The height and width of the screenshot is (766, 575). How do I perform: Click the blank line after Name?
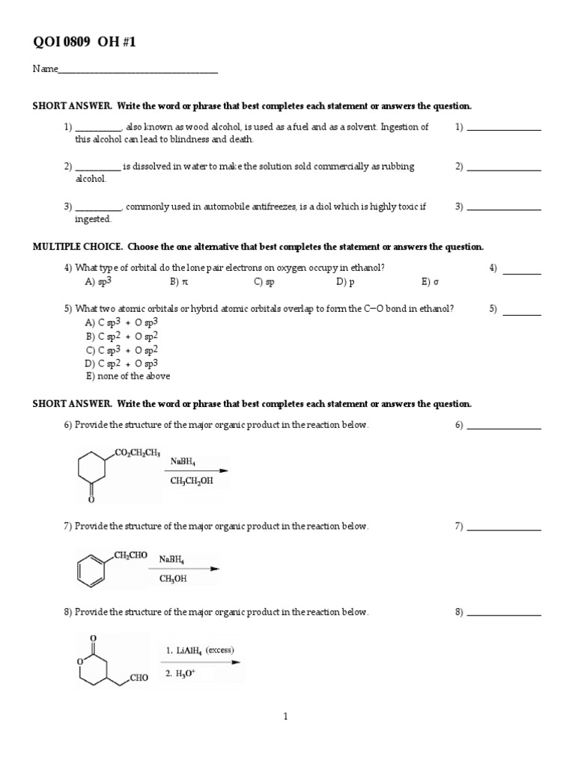pos(138,72)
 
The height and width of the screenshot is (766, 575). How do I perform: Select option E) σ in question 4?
pos(427,283)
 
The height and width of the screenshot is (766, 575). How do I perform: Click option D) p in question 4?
pos(345,283)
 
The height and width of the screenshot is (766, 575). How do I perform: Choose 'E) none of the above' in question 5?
pos(128,376)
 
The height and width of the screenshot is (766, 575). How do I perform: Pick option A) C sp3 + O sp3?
pos(122,322)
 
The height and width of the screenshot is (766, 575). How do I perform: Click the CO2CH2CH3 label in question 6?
pos(137,453)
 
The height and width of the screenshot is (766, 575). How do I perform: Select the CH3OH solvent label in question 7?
pos(173,578)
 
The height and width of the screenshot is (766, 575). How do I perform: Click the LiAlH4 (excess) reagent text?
pos(200,651)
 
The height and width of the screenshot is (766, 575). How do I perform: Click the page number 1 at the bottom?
pos(285,717)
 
